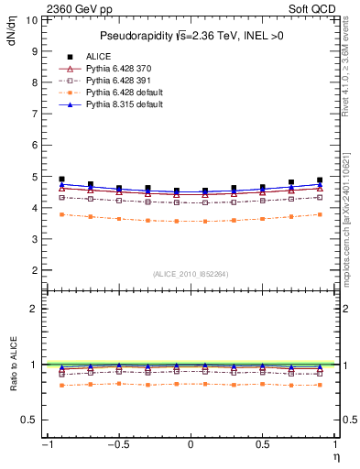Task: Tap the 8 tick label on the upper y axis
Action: [33, 82]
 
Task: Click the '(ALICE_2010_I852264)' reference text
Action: [191, 274]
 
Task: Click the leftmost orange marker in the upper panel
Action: [61, 214]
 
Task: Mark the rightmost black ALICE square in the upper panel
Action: [320, 180]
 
